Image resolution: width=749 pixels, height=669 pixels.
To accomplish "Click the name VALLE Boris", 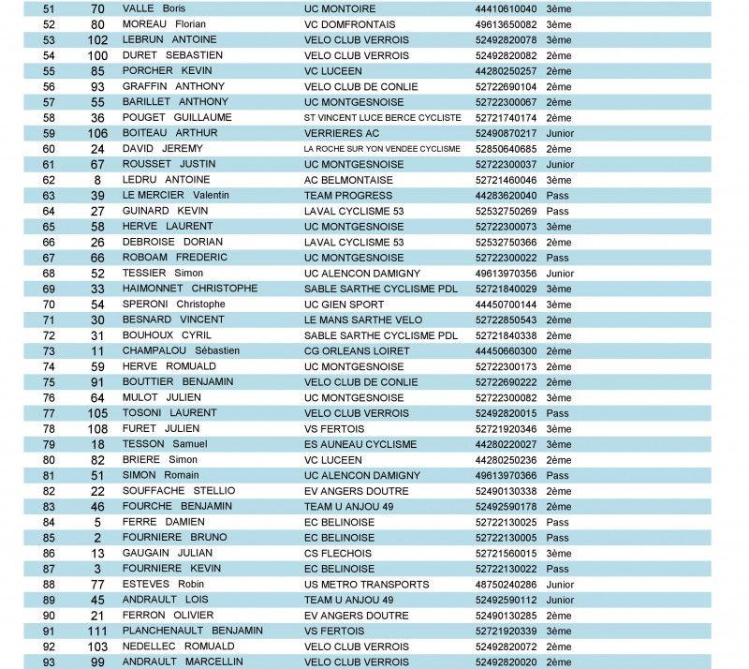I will click(154, 8).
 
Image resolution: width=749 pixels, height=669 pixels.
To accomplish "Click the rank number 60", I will click(49, 149).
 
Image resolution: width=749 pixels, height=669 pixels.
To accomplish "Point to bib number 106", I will click(97, 133).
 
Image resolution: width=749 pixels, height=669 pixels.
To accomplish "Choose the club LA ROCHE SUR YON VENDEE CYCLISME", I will click(382, 149).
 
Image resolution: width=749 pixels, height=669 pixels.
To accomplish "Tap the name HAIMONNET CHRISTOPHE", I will click(190, 289).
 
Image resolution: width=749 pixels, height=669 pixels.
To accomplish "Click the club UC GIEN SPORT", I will click(344, 304).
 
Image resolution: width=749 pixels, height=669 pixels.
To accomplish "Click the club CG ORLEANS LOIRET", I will click(357, 350).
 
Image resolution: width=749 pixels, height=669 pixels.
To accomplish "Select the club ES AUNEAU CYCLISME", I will click(360, 444).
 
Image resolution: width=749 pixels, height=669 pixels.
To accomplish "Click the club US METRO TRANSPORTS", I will click(367, 584).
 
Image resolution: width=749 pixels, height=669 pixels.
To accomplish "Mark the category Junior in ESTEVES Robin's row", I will click(560, 584).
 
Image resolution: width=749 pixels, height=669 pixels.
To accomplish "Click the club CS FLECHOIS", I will click(339, 553).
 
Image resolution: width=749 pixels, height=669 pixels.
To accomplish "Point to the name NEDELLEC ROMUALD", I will click(178, 647).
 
